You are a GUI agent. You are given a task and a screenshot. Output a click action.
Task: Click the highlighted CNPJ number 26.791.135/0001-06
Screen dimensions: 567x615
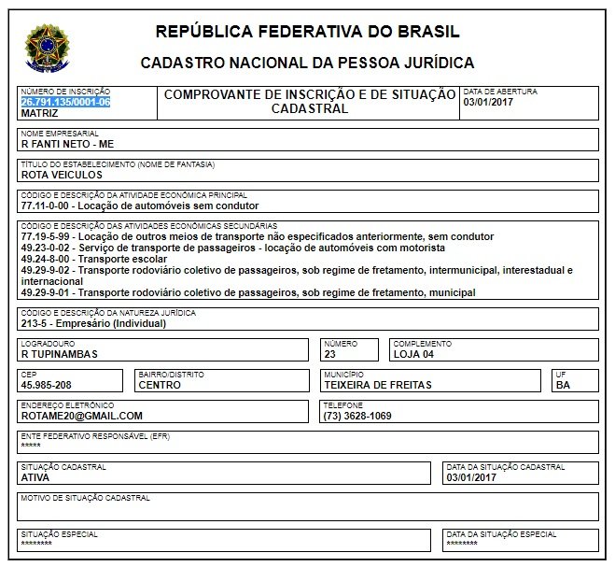click(x=65, y=102)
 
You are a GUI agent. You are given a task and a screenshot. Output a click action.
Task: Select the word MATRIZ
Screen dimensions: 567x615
click(x=39, y=112)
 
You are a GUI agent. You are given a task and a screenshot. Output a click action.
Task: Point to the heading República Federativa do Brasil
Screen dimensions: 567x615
click(x=307, y=32)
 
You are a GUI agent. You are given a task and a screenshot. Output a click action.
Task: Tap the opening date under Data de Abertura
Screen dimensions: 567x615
click(x=487, y=102)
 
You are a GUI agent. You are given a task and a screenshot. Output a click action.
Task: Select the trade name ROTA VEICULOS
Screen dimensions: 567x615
click(x=62, y=175)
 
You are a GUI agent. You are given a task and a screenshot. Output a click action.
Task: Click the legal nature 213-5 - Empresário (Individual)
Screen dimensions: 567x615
click(x=92, y=324)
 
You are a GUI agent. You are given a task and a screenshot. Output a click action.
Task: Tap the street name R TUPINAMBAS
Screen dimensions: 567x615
click(x=59, y=354)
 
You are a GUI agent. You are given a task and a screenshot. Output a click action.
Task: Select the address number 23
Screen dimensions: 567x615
click(x=328, y=354)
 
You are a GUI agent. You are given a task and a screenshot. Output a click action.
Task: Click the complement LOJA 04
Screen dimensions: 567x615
click(x=414, y=354)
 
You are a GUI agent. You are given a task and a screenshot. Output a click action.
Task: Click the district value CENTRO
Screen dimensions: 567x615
click(x=161, y=384)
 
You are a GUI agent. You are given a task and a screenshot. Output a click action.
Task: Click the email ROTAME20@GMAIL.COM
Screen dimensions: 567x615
click(x=81, y=415)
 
